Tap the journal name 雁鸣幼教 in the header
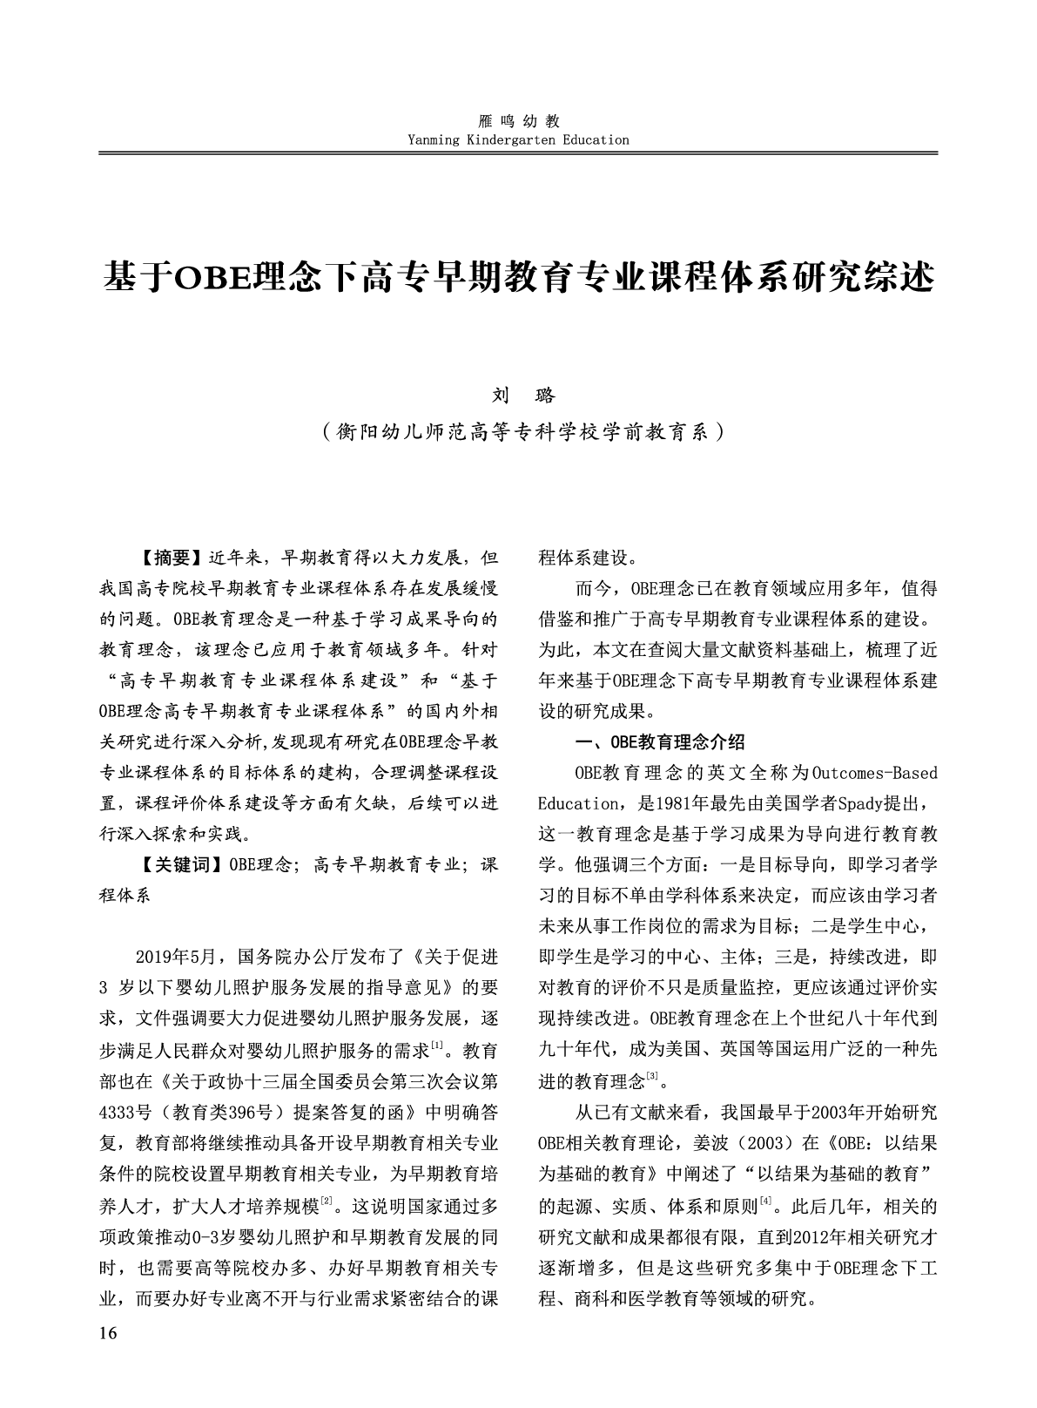(518, 122)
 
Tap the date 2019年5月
(180, 957)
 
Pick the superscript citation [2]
(327, 1203)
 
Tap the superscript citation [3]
(651, 1077)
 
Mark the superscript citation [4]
(766, 1203)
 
